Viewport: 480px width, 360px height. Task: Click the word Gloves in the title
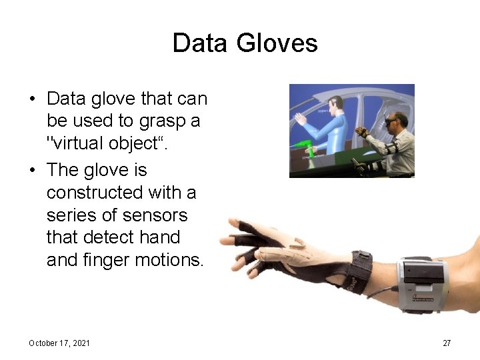click(x=280, y=43)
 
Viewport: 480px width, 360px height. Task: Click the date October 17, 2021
click(x=59, y=343)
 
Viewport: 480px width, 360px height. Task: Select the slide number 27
click(x=447, y=343)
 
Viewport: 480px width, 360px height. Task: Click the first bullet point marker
click(x=32, y=99)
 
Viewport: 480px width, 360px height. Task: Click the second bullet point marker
click(x=32, y=171)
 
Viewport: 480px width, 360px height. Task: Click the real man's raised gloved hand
click(x=361, y=131)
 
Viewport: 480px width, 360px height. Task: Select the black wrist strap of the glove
click(x=360, y=270)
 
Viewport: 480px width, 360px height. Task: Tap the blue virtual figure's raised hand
click(x=302, y=121)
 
